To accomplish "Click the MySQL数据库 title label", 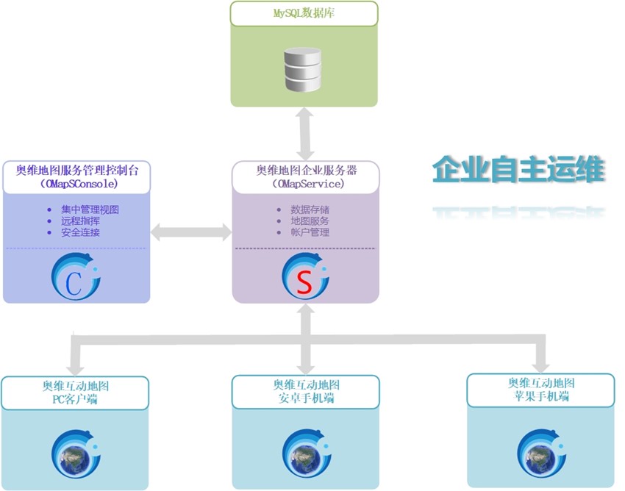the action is (304, 13).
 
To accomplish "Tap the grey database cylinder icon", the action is (302, 69).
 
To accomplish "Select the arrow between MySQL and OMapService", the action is (305, 134).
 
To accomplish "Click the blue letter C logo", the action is (75, 276).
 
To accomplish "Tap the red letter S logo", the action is (306, 276).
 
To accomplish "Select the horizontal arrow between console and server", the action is (191, 232).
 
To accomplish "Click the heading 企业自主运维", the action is (518, 169).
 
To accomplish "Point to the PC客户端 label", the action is (75, 399).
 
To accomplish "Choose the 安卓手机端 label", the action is (306, 398).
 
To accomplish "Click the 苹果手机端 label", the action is (541, 396).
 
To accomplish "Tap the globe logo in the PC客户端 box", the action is (76, 454).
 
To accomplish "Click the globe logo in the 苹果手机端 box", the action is (542, 453).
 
